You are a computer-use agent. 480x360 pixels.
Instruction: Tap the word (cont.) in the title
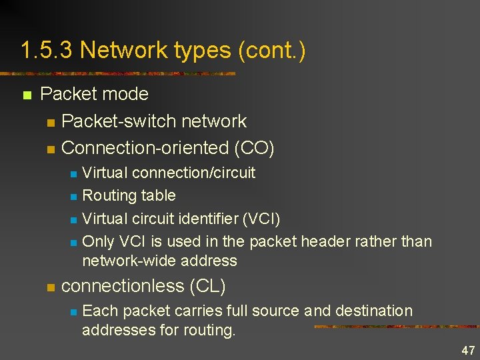pos(271,51)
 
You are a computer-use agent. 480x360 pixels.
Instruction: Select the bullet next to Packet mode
pos(27,95)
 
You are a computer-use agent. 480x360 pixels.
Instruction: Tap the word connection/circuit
pos(194,173)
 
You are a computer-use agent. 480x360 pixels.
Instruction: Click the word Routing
pos(109,196)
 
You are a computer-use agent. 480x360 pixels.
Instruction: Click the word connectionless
pos(123,286)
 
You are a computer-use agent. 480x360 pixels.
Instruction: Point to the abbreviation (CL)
pos(207,286)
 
